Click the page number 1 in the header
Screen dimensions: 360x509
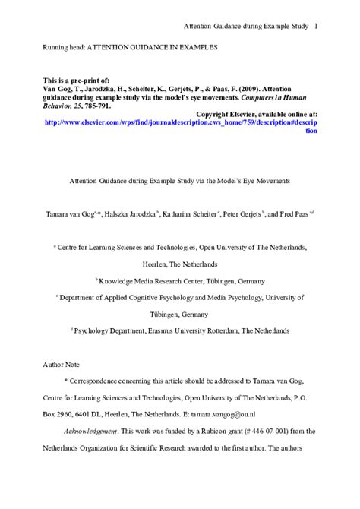315,27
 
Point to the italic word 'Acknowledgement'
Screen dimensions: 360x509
90,430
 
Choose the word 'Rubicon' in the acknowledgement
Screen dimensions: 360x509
190,430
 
